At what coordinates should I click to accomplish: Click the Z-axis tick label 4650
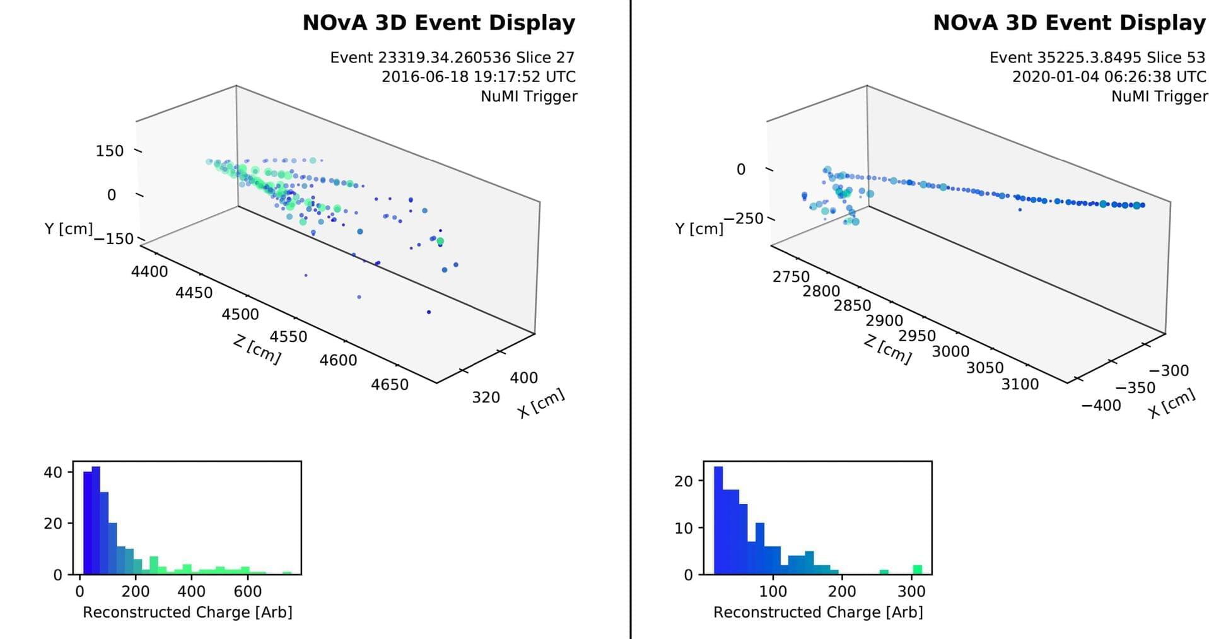(390, 384)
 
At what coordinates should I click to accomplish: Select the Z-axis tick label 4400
(149, 272)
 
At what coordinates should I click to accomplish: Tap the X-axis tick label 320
(486, 397)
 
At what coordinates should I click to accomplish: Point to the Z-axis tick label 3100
(1020, 384)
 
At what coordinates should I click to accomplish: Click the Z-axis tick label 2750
(791, 277)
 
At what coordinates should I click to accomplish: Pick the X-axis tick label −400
(1101, 405)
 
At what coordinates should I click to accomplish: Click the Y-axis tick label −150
(114, 238)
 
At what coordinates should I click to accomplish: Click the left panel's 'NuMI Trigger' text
(529, 97)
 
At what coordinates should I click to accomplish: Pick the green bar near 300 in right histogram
(918, 570)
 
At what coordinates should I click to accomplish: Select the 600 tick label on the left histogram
(248, 592)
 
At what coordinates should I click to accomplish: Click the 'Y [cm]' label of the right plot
(699, 228)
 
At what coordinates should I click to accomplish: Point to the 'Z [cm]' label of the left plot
(257, 350)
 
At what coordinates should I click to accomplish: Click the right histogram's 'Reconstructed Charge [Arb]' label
(818, 613)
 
